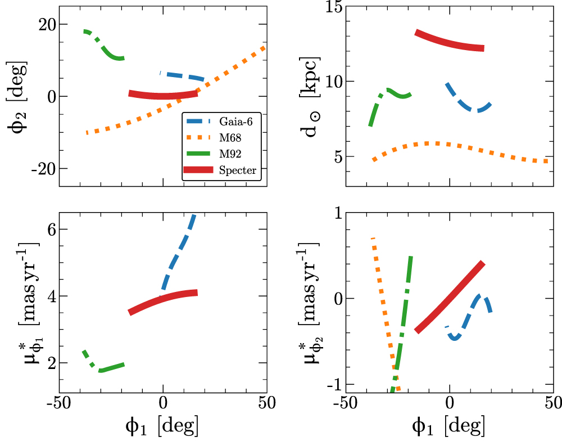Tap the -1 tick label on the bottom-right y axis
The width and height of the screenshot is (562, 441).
(x=325, y=384)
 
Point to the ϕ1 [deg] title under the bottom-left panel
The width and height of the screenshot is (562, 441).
(x=163, y=426)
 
